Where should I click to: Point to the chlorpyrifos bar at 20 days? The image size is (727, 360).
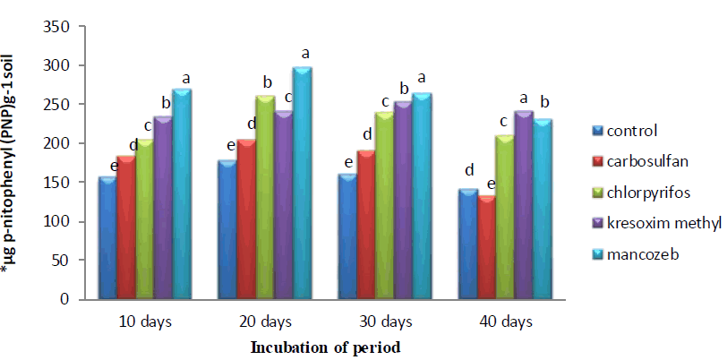[x=265, y=197]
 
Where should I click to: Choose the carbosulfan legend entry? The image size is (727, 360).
[x=644, y=162]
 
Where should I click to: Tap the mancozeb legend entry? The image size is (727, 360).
[x=639, y=254]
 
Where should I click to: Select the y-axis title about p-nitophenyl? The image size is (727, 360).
[x=17, y=161]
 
